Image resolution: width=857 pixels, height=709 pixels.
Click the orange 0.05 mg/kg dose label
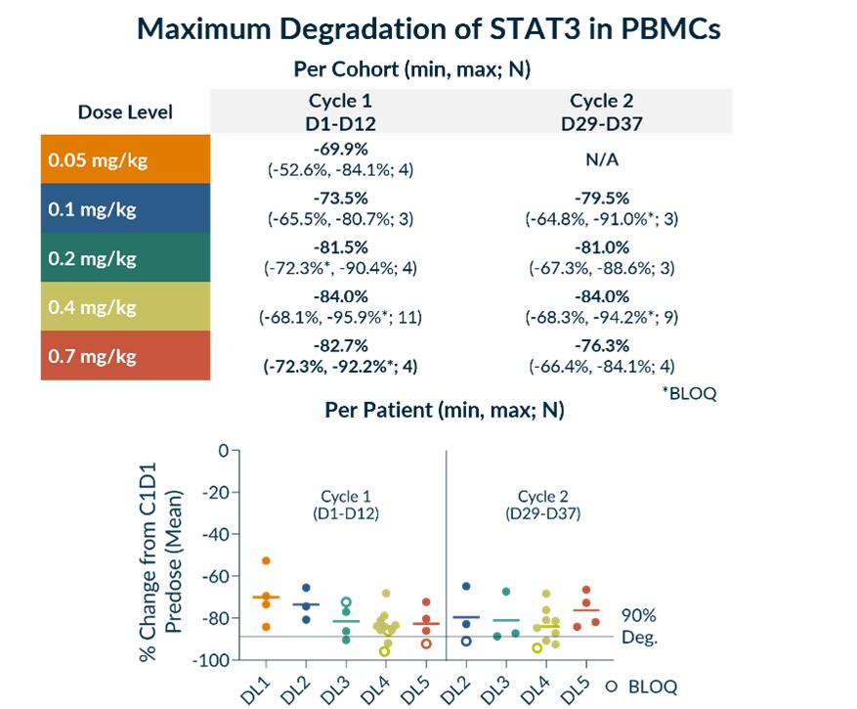(97, 159)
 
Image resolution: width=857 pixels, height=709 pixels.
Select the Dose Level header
(125, 111)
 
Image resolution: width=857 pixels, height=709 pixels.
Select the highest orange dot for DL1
(266, 560)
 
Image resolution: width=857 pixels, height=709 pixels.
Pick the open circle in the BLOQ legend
(612, 687)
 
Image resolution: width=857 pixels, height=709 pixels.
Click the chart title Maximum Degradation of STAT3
(428, 28)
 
